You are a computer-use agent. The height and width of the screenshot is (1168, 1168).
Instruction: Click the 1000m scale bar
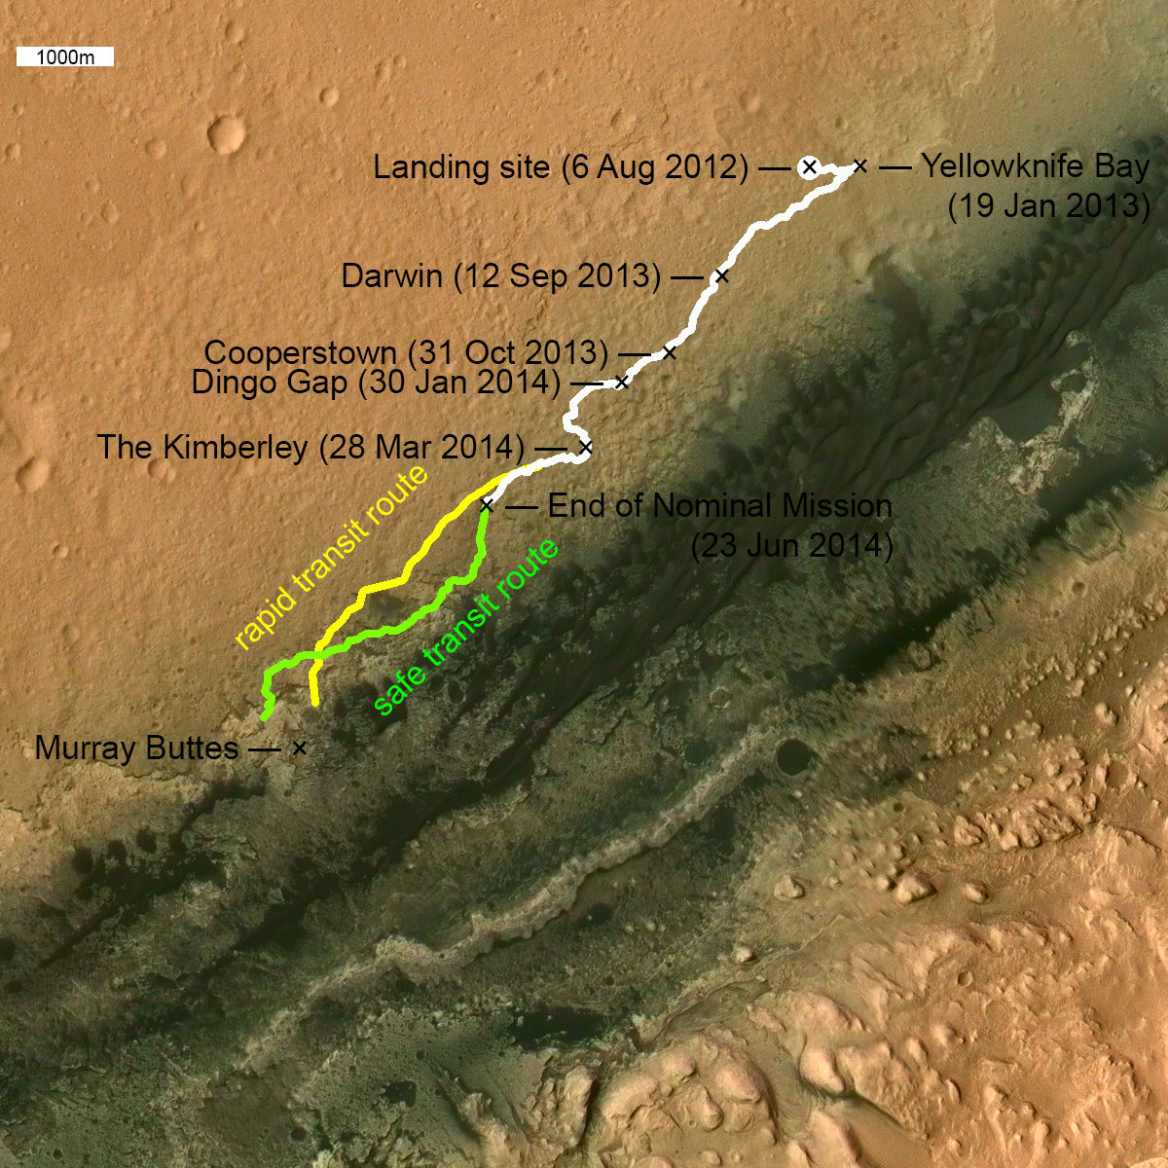coord(65,57)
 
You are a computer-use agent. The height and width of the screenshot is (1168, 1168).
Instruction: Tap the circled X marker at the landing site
coord(808,167)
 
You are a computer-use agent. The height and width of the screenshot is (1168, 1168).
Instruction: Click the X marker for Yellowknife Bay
coord(859,166)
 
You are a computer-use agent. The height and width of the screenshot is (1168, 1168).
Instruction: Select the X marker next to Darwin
coord(721,276)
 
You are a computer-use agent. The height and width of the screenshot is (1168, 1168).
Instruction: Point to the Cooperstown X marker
coord(669,352)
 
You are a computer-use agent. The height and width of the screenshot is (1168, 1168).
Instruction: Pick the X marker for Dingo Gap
coord(621,383)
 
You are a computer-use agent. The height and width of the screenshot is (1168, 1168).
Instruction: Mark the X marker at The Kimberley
coord(585,448)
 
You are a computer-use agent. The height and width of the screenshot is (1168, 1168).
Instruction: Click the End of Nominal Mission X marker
coord(487,505)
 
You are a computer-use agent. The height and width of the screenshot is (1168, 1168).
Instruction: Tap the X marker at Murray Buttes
coord(300,748)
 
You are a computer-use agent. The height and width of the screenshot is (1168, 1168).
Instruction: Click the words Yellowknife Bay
coord(1036,166)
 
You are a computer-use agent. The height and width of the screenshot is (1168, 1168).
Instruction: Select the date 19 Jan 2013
coord(1049,206)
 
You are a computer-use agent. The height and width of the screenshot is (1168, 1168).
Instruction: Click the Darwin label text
coord(391,276)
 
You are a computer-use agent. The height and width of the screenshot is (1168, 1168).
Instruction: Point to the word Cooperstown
coord(301,352)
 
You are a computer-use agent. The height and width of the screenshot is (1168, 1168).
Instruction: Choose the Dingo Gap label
coord(269,383)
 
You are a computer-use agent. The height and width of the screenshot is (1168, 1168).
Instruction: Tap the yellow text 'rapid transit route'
coord(331,559)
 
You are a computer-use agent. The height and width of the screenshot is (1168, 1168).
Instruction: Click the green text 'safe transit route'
coord(467,627)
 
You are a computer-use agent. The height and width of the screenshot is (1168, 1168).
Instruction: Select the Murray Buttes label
coord(136,748)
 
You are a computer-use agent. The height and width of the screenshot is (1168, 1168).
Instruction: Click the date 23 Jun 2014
coord(792,546)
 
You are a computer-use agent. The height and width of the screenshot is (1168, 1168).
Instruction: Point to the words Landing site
coord(461,167)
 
